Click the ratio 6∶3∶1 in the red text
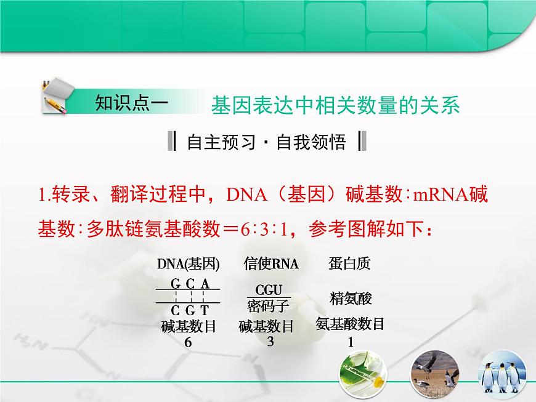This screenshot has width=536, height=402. (x=264, y=231)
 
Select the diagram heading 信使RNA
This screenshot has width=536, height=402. (x=270, y=264)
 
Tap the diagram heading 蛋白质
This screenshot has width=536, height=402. (x=350, y=264)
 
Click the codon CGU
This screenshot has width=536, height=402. (x=269, y=289)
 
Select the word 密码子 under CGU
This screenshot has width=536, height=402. (x=269, y=305)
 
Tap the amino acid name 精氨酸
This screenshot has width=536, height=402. (x=351, y=299)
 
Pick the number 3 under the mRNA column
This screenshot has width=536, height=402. (x=270, y=342)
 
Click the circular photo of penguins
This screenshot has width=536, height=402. (x=505, y=375)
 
